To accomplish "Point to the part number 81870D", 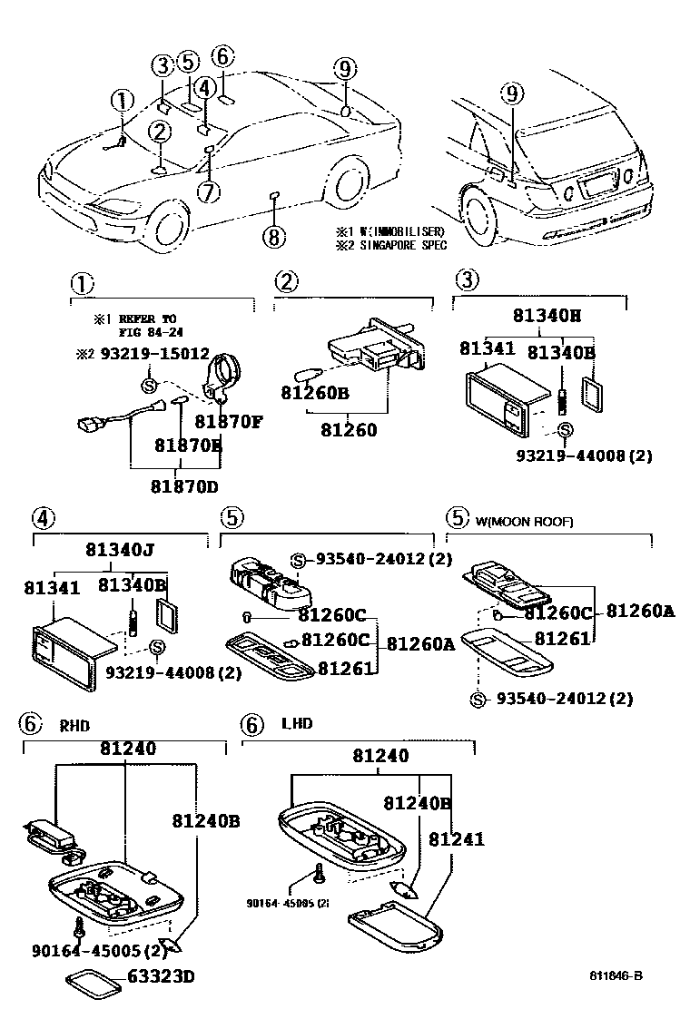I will (186, 485).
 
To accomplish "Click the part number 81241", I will (456, 840).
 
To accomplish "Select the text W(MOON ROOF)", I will (524, 521).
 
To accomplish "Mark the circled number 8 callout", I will (273, 238).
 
